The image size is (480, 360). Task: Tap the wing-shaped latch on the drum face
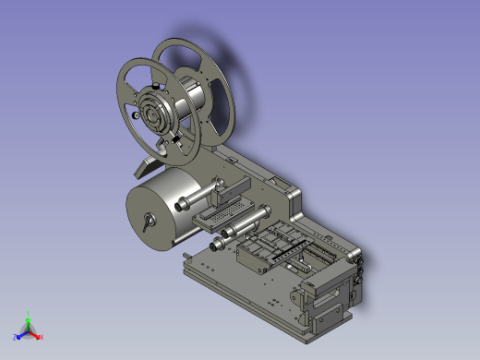pyautogui.click(x=147, y=222)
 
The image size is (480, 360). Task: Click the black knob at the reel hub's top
pyautogui.click(x=166, y=91)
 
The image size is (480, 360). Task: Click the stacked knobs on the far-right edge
pyautogui.click(x=359, y=272)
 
